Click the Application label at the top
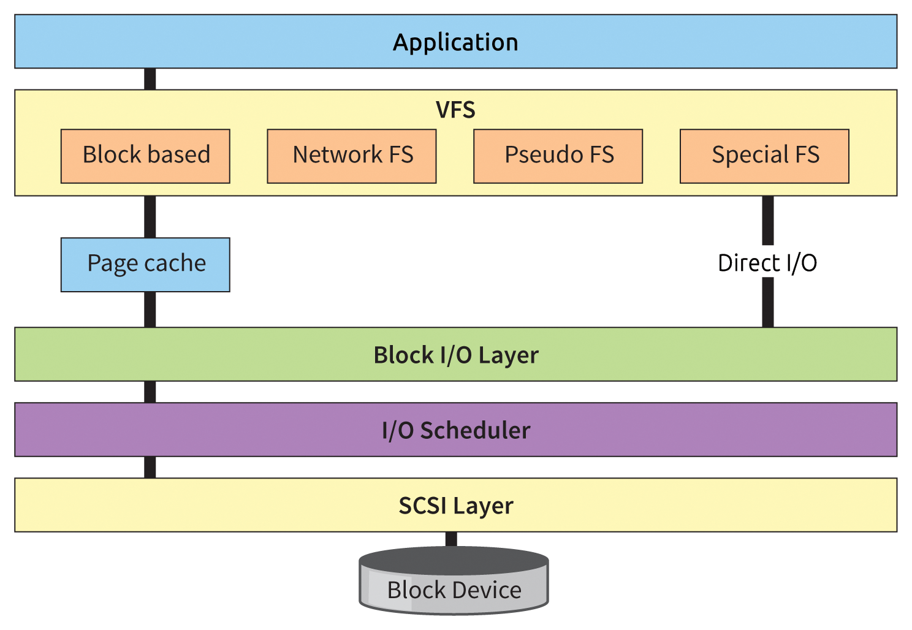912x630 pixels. tap(455, 42)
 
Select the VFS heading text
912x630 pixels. tap(455, 110)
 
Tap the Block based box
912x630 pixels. tap(145, 156)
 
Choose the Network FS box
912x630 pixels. tap(352, 156)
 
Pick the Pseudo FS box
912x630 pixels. tap(558, 156)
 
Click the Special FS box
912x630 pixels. tap(764, 156)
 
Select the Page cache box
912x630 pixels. tap(145, 264)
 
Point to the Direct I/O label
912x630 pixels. tap(767, 263)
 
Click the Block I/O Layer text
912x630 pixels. tap(455, 355)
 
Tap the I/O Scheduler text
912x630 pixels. tap(455, 430)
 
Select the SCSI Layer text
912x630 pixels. tap(455, 506)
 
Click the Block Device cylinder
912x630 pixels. tap(454, 585)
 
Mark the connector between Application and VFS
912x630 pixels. tap(150, 79)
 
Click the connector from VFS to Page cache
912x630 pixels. tap(150, 216)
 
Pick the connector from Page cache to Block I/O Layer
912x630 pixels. tap(150, 309)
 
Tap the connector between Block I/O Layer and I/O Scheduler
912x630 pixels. tap(150, 392)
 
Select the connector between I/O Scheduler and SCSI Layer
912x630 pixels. tap(150, 467)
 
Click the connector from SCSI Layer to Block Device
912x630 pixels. tap(451, 539)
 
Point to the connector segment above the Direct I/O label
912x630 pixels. tap(767, 221)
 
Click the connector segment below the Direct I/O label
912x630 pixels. tap(767, 302)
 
